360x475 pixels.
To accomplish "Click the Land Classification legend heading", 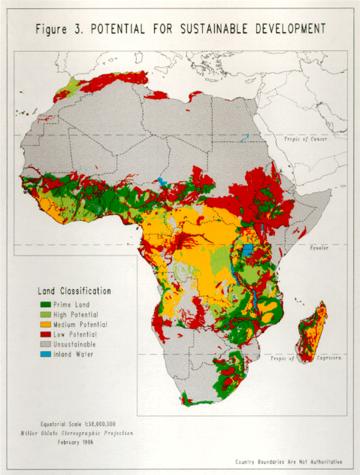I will pos(74,291).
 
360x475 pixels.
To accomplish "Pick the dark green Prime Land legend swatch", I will pos(44,303).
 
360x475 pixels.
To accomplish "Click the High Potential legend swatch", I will pos(44,313).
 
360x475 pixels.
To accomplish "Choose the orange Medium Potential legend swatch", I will pos(44,324).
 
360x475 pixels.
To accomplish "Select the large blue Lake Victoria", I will pos(246,250).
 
